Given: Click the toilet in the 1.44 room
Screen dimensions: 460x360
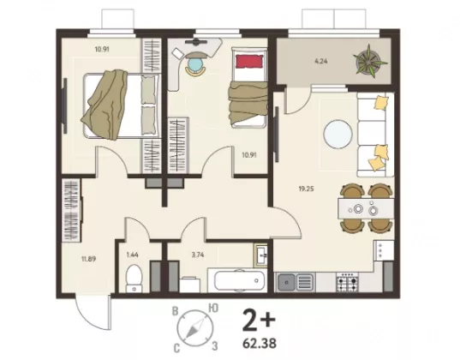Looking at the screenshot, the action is pyautogui.click(x=134, y=279).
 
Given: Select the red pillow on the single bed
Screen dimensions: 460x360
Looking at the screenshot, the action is pyautogui.click(x=249, y=62).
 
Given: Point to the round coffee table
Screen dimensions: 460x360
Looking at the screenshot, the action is pyautogui.click(x=338, y=135).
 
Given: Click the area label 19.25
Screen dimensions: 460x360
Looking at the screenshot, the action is pyautogui.click(x=306, y=189).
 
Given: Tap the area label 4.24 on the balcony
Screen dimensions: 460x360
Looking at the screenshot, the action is pyautogui.click(x=320, y=62).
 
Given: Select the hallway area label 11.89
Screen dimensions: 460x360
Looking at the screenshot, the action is pyautogui.click(x=88, y=259).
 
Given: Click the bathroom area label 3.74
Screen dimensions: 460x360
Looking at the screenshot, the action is pyautogui.click(x=198, y=255).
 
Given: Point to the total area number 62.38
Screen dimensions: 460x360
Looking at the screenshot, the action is pyautogui.click(x=260, y=343).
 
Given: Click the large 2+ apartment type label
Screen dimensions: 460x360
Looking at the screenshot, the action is pyautogui.click(x=259, y=320).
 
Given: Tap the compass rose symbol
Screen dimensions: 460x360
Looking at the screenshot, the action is pyautogui.click(x=194, y=327).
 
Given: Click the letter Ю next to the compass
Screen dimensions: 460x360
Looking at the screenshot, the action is pyautogui.click(x=212, y=308).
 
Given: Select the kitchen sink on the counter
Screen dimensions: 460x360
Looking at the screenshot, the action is pyautogui.click(x=295, y=282).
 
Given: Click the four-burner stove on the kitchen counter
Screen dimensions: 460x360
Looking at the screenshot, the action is pyautogui.click(x=347, y=283).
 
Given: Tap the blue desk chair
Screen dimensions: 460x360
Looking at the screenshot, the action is pyautogui.click(x=195, y=65).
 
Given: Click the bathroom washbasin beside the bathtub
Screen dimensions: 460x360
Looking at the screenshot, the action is pyautogui.click(x=260, y=255).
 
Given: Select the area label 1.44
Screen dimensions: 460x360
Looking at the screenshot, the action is pyautogui.click(x=132, y=255).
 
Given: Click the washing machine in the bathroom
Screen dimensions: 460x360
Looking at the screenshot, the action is pyautogui.click(x=189, y=285).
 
